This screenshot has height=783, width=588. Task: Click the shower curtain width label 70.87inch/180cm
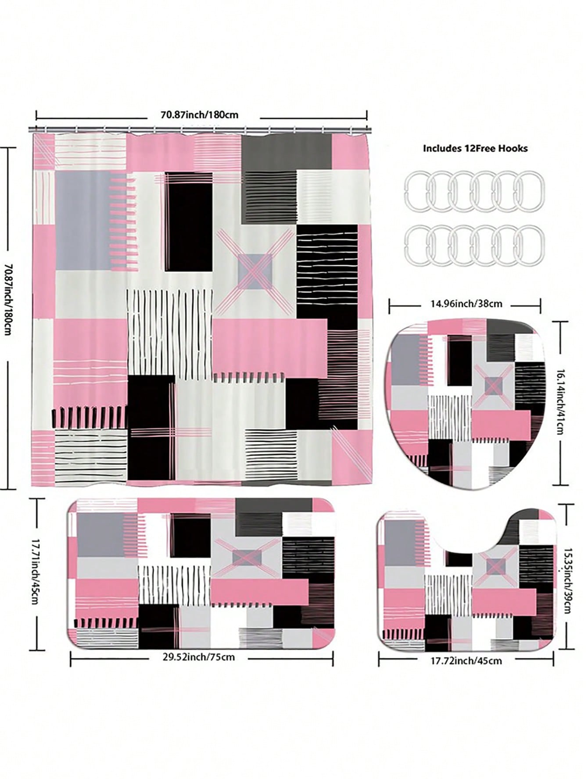[200, 115]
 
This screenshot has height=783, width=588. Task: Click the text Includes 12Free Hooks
[475, 148]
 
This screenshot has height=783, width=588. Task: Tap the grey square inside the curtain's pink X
[255, 271]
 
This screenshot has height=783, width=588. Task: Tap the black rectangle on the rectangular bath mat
[190, 536]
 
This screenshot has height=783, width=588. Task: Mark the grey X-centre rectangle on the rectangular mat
[247, 557]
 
